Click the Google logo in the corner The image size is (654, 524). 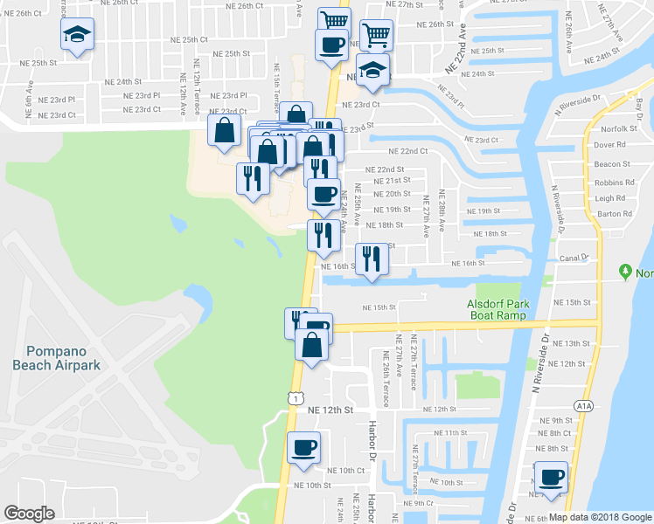(29, 514)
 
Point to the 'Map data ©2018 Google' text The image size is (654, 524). (600, 517)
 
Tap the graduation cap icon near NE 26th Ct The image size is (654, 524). (77, 35)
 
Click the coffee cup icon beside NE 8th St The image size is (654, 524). (552, 478)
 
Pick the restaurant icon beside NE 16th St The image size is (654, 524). (371, 259)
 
